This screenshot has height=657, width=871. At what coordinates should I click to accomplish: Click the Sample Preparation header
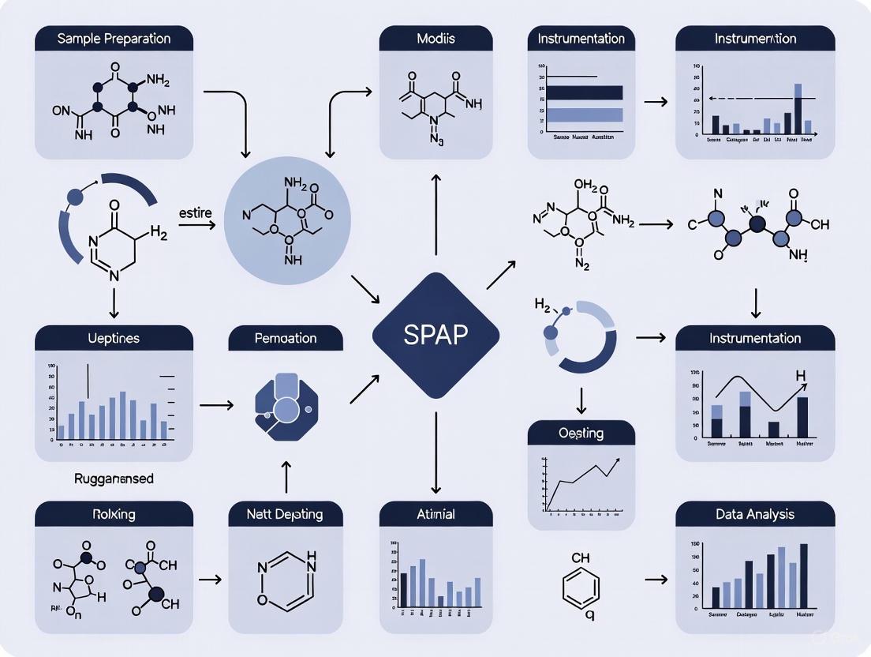[114, 39]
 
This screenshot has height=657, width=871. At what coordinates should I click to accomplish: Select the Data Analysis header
[755, 514]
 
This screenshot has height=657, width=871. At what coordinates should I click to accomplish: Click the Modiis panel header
[435, 39]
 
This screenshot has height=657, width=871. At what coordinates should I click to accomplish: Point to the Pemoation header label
[286, 338]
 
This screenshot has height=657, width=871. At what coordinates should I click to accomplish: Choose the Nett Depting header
[286, 514]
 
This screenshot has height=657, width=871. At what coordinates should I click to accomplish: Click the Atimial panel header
[435, 514]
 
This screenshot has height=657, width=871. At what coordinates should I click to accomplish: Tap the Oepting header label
[581, 433]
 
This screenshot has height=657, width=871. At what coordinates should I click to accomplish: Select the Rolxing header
[114, 514]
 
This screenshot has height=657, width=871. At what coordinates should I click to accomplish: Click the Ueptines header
[114, 338]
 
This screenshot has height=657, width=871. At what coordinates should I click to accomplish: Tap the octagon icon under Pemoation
[285, 406]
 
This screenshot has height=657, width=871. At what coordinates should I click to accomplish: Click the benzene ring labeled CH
[581, 587]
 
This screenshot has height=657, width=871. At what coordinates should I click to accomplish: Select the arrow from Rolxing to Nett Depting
[210, 580]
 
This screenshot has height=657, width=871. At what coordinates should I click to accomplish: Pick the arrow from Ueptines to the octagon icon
[216, 405]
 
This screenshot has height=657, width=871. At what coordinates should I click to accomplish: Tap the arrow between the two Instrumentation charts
[656, 102]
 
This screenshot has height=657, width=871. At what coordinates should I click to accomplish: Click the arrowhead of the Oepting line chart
[615, 459]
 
